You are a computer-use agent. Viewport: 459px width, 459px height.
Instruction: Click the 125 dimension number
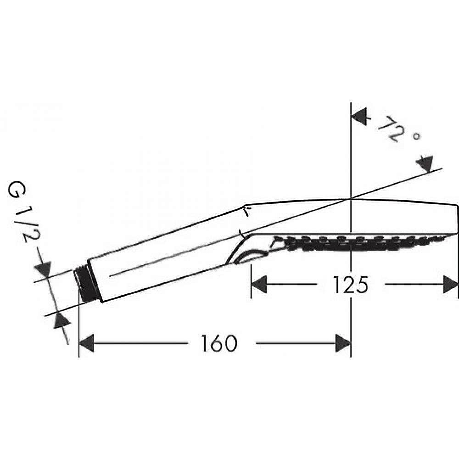coord(351,285)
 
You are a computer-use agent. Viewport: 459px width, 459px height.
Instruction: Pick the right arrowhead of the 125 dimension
coord(451,285)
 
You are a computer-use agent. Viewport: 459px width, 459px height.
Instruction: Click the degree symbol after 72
coord(417,137)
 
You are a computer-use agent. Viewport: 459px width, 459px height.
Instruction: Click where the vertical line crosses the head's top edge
coord(351,199)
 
